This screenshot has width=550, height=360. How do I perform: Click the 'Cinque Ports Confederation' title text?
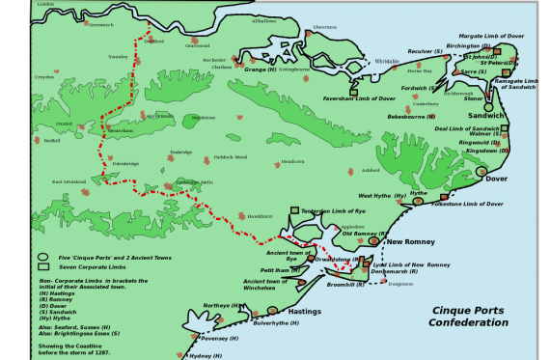click(x=469, y=317)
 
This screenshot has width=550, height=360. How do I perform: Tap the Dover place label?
click(x=496, y=179)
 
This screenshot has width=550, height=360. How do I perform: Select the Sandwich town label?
click(x=486, y=117)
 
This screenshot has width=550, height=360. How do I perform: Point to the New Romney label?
click(x=407, y=241)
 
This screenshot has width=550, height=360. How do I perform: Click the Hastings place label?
click(x=305, y=312)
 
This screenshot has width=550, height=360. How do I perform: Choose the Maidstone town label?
click(x=203, y=118)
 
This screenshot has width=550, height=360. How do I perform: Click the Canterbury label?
click(x=426, y=104)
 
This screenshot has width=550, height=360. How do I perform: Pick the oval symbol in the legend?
click(x=42, y=258)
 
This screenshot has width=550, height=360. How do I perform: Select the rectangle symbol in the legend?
click(x=42, y=266)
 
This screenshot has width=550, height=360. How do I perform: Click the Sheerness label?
click(x=325, y=27)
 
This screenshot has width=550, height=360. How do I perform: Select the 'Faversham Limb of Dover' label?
click(x=361, y=98)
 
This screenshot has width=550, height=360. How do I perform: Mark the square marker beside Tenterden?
click(x=294, y=210)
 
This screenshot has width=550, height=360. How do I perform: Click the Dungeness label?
click(x=400, y=283)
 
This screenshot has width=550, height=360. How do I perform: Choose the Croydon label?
click(x=44, y=77)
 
